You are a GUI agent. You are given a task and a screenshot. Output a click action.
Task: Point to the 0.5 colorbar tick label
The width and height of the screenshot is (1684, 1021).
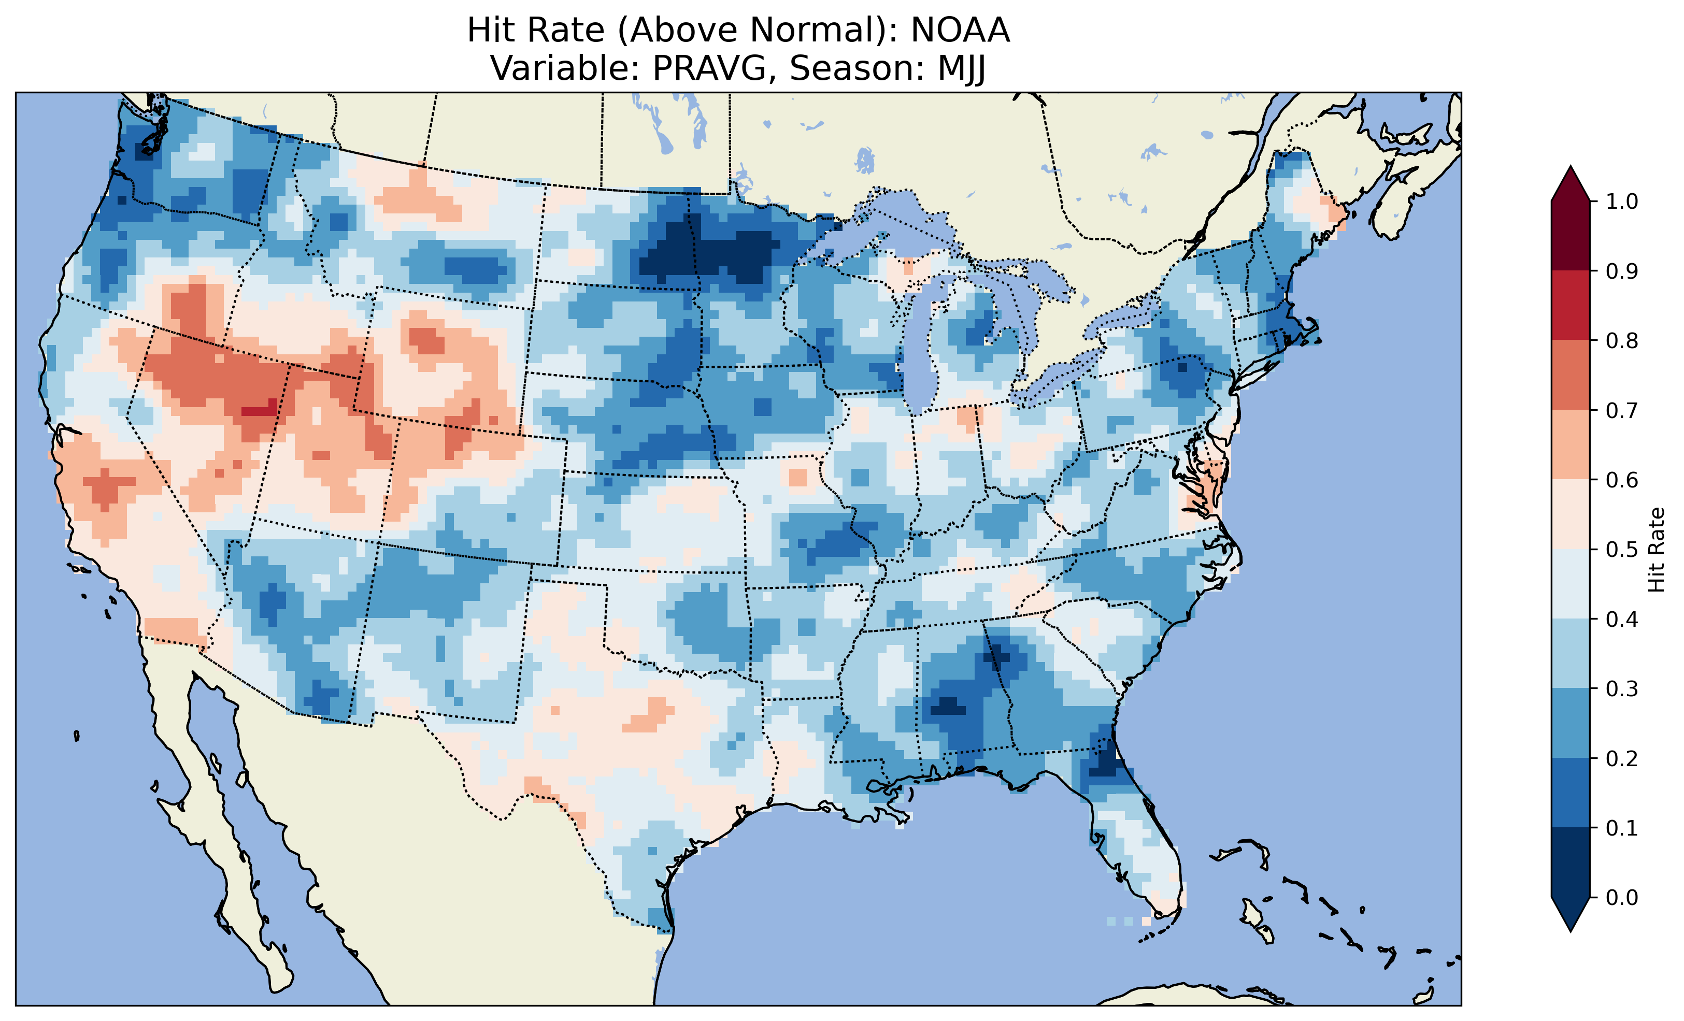[1621, 550]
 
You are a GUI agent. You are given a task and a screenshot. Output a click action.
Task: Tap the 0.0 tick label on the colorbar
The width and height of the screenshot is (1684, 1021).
[1621, 897]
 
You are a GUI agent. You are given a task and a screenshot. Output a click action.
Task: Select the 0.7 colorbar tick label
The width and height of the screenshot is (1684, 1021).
[1621, 411]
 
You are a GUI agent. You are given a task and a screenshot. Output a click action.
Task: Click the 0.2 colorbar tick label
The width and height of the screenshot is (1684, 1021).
[1621, 758]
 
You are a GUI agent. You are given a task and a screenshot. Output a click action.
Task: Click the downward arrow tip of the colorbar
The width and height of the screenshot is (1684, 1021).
[1570, 929]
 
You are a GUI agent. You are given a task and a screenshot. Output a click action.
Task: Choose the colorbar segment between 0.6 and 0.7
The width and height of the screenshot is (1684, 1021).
[1570, 444]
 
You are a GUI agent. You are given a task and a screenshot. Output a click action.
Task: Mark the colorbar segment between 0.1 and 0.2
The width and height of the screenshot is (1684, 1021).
[1570, 793]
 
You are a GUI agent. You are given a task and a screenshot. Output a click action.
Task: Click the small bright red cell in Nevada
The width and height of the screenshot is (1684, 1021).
[260, 411]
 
